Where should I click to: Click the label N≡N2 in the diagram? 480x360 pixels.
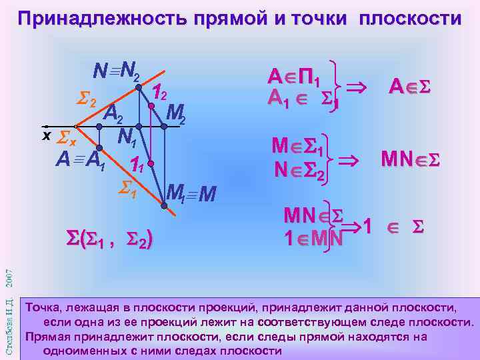click(117, 68)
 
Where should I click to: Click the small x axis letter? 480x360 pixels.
click(47, 135)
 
